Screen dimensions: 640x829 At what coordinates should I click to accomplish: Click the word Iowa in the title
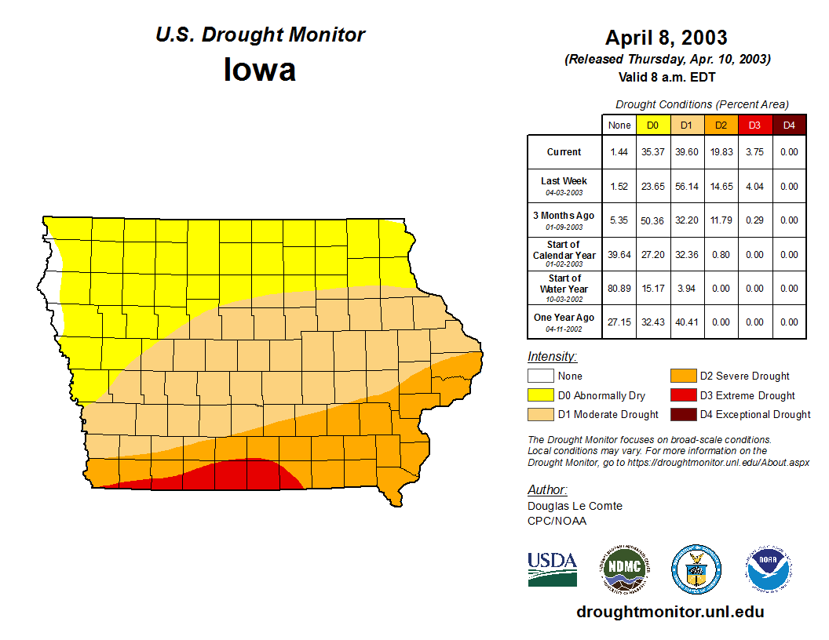(x=260, y=70)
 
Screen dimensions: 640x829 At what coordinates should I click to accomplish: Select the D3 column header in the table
(x=754, y=125)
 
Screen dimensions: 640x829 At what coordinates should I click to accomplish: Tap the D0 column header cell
(x=652, y=125)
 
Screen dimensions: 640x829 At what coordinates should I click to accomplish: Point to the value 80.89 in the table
(x=619, y=289)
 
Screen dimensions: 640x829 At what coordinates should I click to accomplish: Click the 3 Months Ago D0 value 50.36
(x=652, y=220)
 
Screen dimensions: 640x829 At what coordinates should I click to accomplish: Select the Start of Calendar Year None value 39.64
(x=619, y=255)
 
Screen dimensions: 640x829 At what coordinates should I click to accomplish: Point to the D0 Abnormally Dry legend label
(x=601, y=395)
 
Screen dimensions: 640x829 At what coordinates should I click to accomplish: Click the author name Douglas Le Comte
(x=575, y=506)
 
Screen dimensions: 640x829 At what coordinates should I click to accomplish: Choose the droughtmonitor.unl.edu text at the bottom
(x=670, y=612)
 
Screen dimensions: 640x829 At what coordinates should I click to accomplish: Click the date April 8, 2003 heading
(x=666, y=37)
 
